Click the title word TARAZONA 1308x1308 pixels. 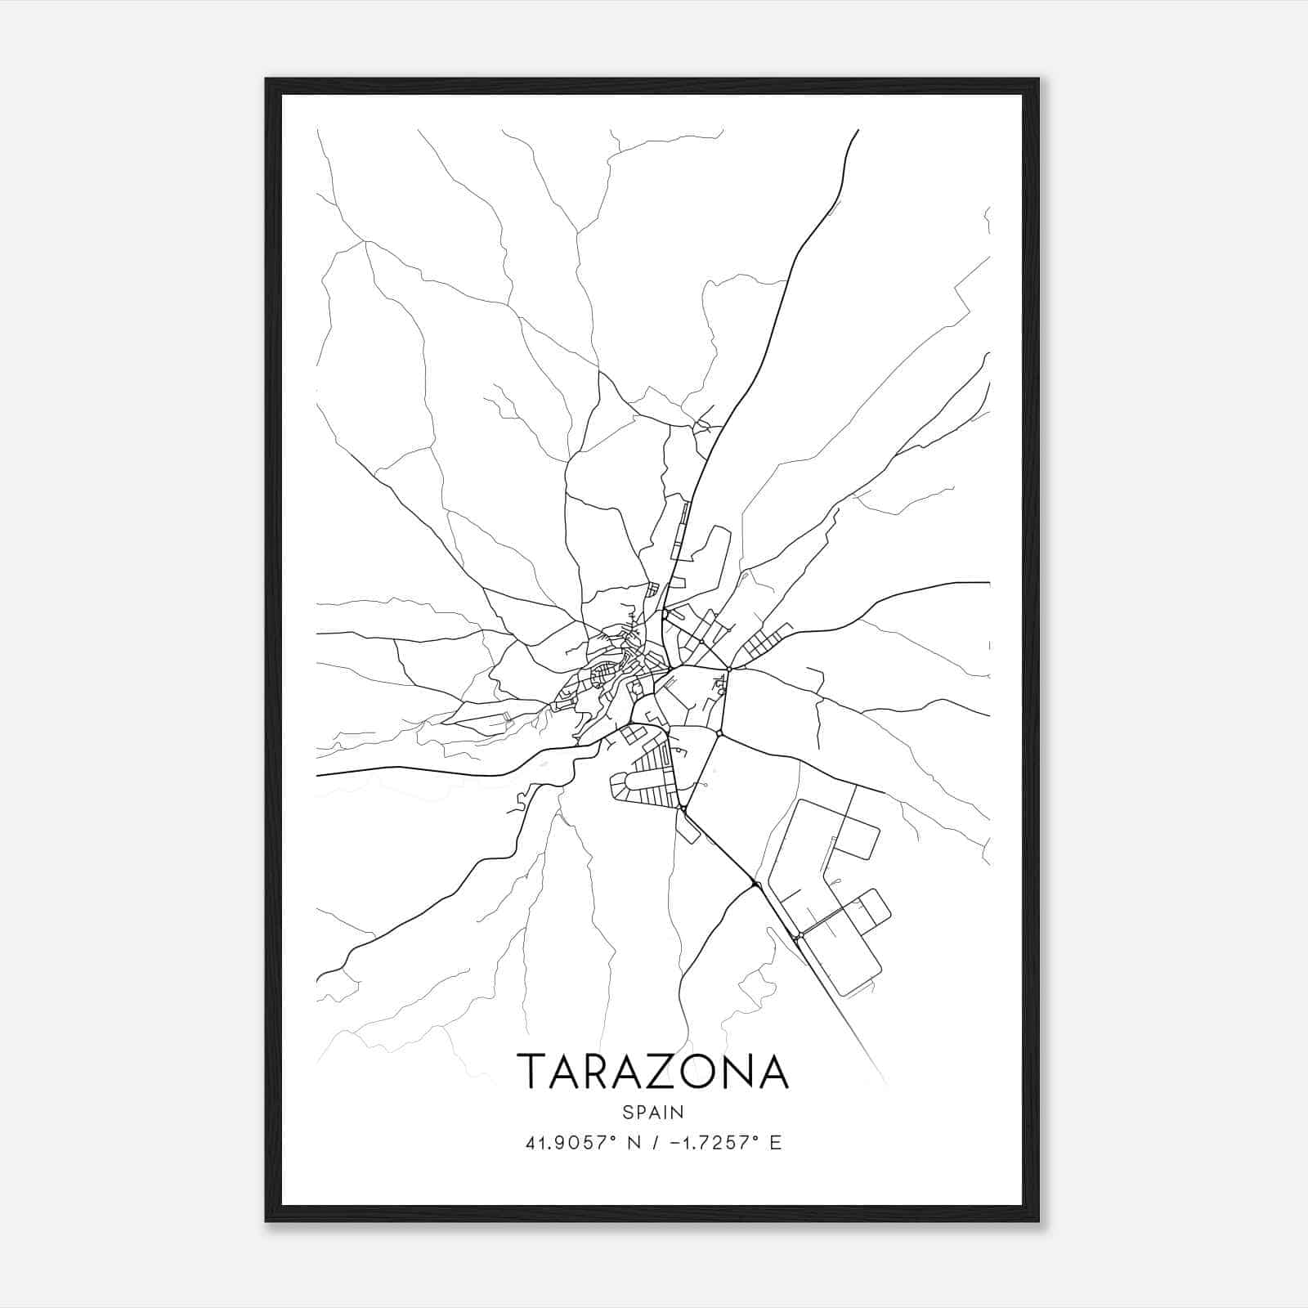point(652,1071)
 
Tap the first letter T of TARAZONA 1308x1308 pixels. point(533,1071)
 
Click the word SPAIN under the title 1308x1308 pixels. point(652,1112)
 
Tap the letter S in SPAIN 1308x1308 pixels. point(627,1112)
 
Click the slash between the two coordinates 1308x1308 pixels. point(654,1143)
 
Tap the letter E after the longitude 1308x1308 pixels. point(776,1143)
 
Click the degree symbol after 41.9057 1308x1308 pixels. point(611,1138)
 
